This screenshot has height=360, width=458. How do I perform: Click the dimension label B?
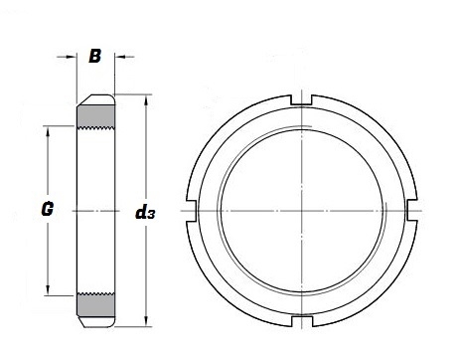click(x=94, y=56)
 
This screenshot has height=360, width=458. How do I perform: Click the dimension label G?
click(x=48, y=209)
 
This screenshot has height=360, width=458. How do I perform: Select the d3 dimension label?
click(x=145, y=212)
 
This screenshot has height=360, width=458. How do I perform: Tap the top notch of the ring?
click(x=301, y=100)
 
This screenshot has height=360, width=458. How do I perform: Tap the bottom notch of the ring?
click(x=302, y=321)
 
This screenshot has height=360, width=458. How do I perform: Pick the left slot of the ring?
click(x=191, y=211)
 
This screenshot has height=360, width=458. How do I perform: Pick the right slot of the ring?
click(x=411, y=210)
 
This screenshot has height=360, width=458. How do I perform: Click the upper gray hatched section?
click(x=95, y=116)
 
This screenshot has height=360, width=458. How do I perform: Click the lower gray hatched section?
click(x=95, y=304)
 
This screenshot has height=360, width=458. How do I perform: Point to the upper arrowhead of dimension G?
click(x=48, y=130)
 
